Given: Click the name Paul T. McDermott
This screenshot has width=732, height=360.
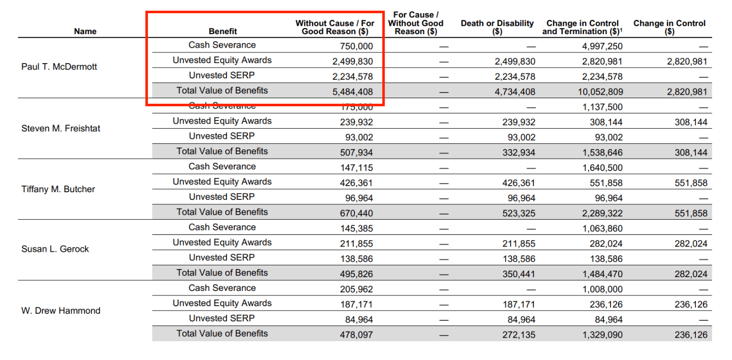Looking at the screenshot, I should tap(59, 67).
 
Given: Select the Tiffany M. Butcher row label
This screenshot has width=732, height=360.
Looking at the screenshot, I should tap(58, 189).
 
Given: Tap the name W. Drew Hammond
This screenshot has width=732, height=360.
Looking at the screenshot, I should tap(60, 311).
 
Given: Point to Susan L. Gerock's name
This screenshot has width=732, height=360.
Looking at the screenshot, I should tap(55, 249).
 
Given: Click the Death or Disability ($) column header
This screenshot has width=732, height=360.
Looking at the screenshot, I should tap(497, 27).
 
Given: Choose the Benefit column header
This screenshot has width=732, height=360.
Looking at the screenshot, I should tap(223, 32).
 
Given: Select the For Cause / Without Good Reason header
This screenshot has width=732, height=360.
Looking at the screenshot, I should tap(415, 23).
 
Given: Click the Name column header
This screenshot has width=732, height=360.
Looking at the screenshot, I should tap(85, 32).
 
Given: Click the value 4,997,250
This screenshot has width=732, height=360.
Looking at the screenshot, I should tap(602, 46).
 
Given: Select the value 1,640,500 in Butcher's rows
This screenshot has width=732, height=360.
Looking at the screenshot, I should tap(602, 168).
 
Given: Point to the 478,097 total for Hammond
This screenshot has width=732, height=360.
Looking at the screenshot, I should tap(356, 335).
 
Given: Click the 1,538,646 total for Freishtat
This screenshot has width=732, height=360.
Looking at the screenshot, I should tap(602, 153).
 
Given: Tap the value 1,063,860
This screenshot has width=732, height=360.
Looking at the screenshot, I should tap(602, 229).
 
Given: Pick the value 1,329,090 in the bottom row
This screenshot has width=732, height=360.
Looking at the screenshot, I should tap(602, 335).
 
